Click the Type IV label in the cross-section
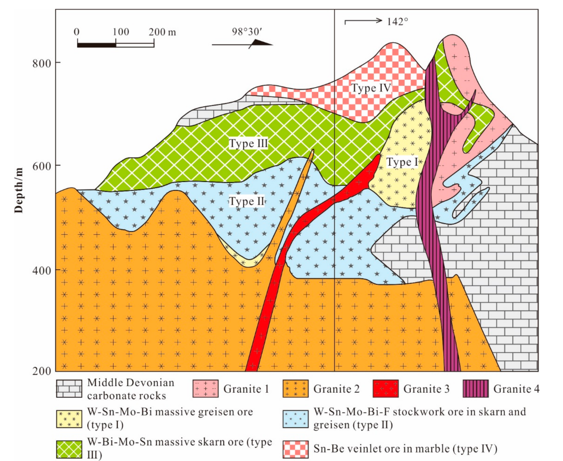click(371, 88)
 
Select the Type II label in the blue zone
click(247, 201)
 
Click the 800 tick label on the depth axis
click(42, 64)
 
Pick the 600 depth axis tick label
click(42, 166)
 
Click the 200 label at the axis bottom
click(42, 371)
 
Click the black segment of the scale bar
click(96, 45)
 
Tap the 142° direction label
click(397, 22)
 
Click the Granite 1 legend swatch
click(205, 389)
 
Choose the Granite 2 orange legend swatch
click(296, 389)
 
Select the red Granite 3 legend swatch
click(385, 389)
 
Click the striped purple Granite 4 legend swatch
click(475, 389)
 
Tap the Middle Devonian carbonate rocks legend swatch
click(69, 389)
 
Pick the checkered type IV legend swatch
click(296, 449)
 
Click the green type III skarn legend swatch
click(69, 449)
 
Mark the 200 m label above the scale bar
click(162, 32)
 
